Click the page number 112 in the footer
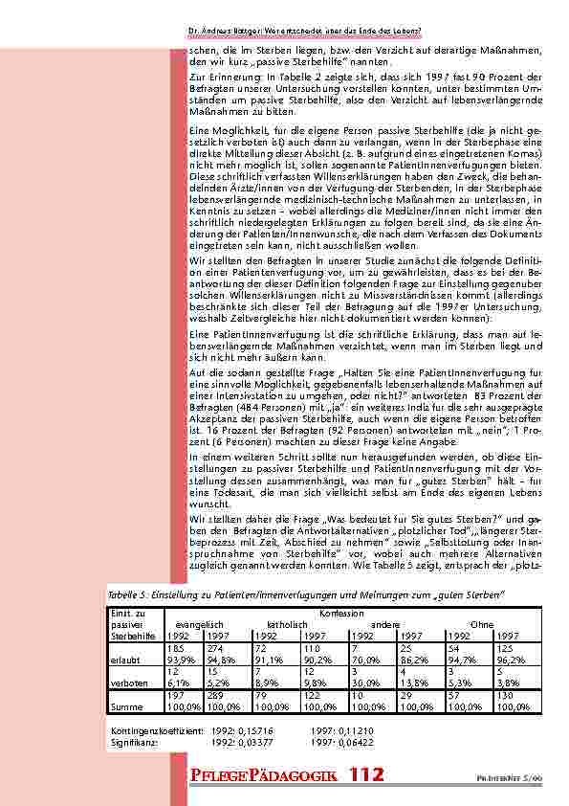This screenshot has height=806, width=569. [x=367, y=774]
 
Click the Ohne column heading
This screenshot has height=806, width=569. [x=482, y=622]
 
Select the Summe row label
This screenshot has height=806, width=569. [x=125, y=708]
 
